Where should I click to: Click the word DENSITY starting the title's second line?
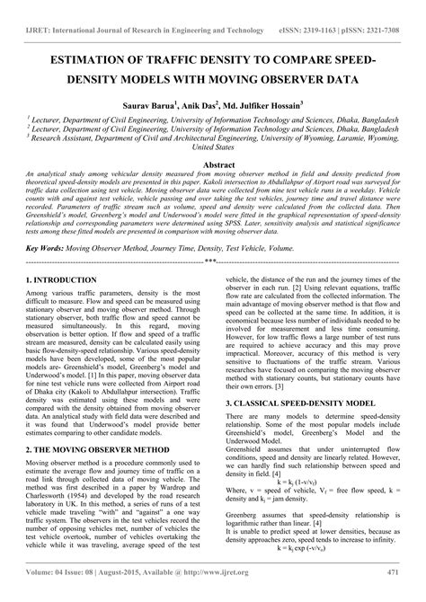coord(94,81)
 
